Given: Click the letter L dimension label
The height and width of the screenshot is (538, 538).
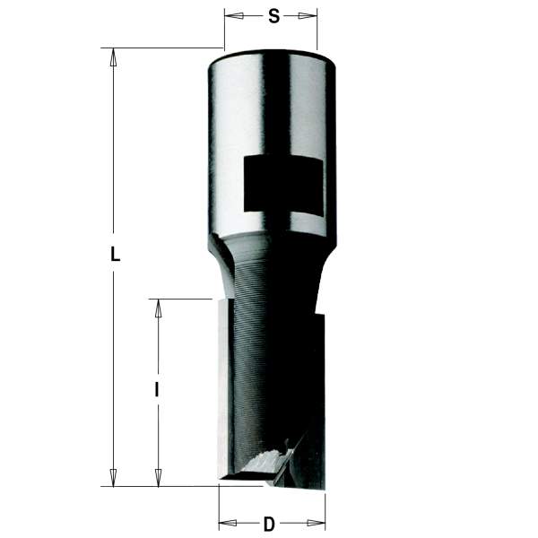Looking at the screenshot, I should pos(114,254).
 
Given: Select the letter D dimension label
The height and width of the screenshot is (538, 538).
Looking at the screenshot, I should pos(269,524).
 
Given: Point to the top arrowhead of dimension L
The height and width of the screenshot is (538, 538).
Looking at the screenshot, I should pos(113,56).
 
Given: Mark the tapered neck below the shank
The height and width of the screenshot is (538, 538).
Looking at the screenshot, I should pos(269,260).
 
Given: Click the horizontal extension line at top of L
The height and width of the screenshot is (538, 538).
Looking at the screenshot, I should pos(161,48).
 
